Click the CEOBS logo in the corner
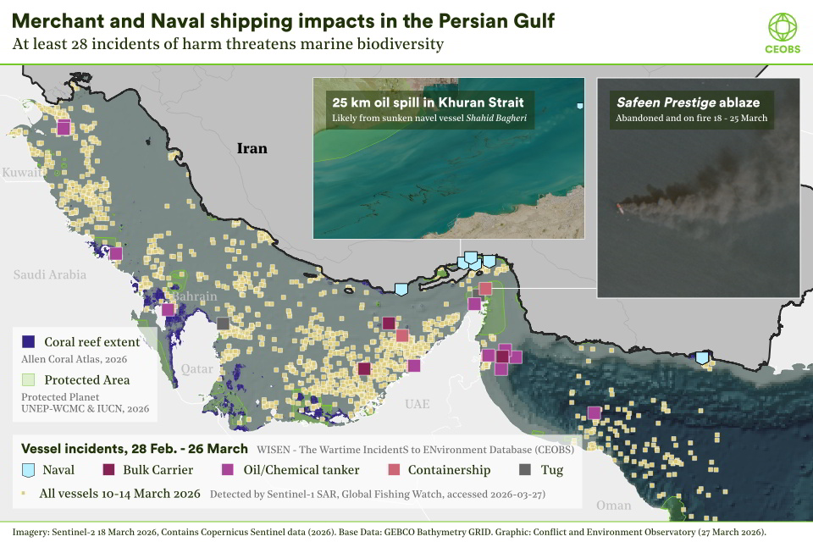(x=782, y=30)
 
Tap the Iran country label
(x=252, y=149)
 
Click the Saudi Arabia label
(x=49, y=274)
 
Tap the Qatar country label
(x=197, y=369)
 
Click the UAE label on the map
(x=417, y=404)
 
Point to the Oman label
(x=613, y=505)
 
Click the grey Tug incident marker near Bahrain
(x=223, y=324)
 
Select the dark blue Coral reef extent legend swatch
(x=28, y=342)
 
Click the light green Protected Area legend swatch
(x=28, y=379)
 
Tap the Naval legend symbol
(x=28, y=469)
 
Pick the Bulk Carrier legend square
(x=109, y=469)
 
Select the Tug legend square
(x=525, y=469)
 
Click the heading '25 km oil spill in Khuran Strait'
(x=422, y=102)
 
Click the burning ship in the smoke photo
(x=622, y=206)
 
